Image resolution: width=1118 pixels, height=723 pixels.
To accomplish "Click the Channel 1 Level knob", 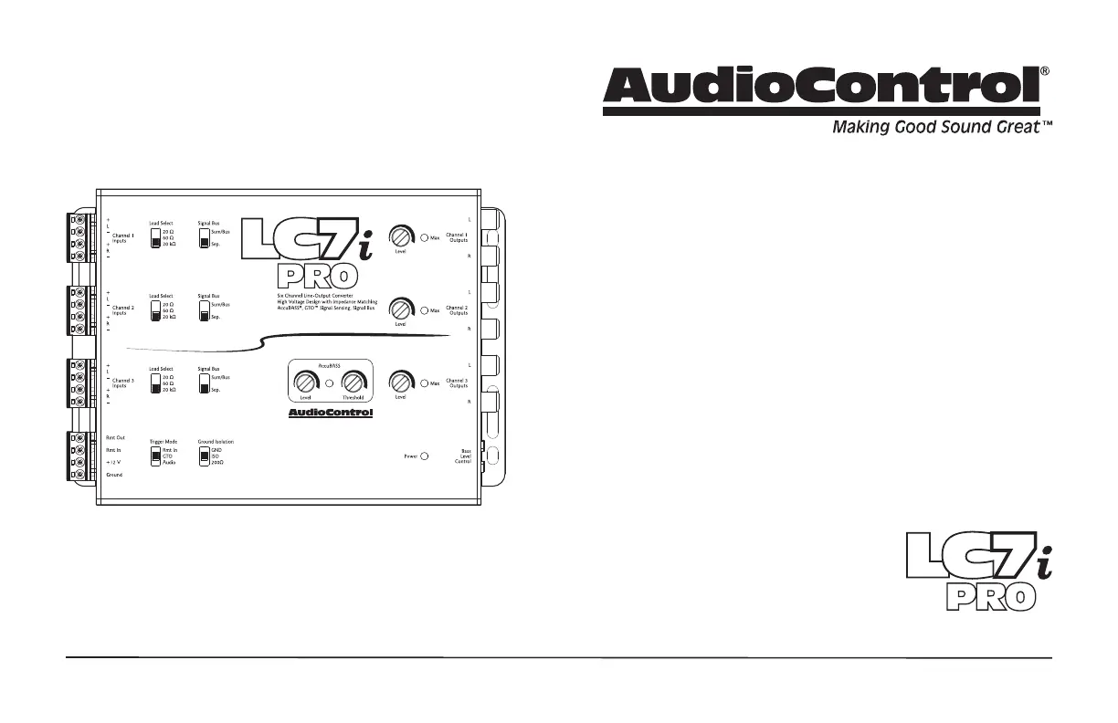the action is coord(400,236).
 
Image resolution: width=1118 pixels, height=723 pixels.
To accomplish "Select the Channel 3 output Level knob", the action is coord(400,382).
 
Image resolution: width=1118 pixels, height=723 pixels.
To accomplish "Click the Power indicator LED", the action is coord(425,455).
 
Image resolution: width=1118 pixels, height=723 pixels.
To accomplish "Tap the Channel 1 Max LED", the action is coord(425,237).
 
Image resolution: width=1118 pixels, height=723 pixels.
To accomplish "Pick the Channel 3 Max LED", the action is coord(425,383).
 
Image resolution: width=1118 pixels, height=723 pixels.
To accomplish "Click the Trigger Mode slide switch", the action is coord(155,456).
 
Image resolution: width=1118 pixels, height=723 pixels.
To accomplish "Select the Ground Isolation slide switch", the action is coord(204,456).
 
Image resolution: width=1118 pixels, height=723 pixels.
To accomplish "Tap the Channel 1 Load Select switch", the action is coord(155,238).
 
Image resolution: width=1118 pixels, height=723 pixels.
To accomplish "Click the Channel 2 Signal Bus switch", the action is coord(204,311).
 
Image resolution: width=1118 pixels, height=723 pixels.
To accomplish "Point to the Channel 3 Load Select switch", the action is coord(155,383).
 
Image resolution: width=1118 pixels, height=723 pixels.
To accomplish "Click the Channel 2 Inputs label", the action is coord(123,310).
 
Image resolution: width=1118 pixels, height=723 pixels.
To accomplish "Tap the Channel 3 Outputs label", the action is coord(457,383).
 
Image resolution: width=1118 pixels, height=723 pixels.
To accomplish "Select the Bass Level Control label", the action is coord(463,456).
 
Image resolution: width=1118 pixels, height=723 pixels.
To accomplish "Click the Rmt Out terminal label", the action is coord(115,438).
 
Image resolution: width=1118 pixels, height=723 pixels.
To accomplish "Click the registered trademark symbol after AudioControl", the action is coord(1045,71).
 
